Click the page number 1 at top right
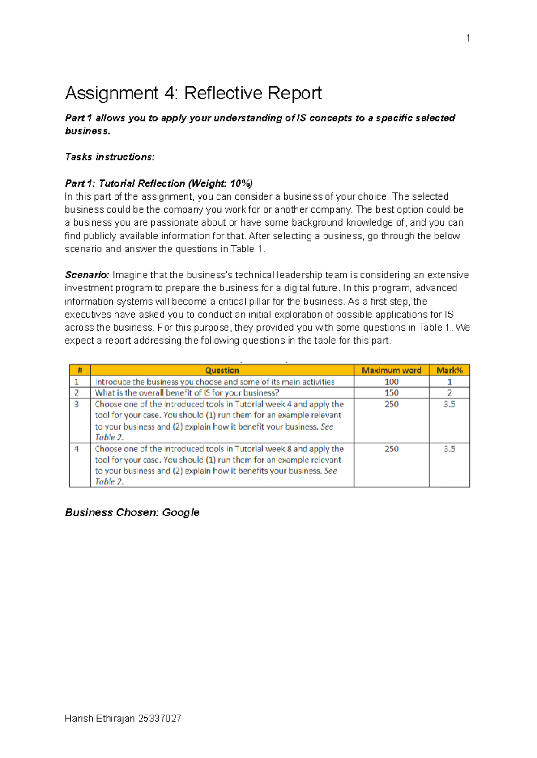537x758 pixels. coord(468,38)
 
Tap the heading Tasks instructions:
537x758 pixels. coord(110,157)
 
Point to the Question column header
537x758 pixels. coord(222,370)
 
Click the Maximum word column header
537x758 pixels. coord(391,370)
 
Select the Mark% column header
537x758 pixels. coord(449,370)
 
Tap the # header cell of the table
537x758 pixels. coord(80,370)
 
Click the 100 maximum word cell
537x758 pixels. coord(391,382)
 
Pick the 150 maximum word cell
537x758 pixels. coord(391,392)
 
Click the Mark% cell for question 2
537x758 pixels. coord(449,392)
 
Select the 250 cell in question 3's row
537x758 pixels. coord(391,404)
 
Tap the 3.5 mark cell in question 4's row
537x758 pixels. coord(449,449)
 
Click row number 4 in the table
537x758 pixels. coord(77,449)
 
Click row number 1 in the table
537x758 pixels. coord(77,382)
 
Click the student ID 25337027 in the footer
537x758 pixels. coord(160,719)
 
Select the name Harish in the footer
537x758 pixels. coord(79,719)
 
